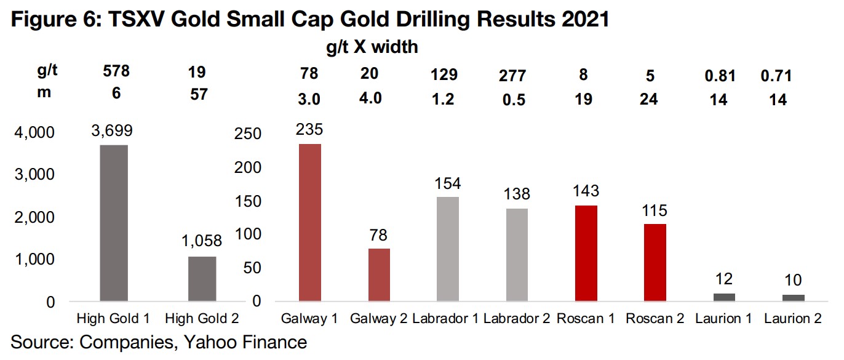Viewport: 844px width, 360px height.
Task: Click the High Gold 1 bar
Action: pos(113,223)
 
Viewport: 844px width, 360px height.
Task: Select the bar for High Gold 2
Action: pos(201,279)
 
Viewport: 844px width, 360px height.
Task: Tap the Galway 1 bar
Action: pos(310,222)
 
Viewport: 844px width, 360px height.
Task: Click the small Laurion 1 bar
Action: pos(724,297)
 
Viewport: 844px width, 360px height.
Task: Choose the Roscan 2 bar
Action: pos(655,262)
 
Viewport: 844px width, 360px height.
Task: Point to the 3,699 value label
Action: pos(114,130)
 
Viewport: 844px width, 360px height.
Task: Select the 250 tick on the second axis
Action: pos(249,134)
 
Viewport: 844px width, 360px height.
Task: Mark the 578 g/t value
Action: pos(116,73)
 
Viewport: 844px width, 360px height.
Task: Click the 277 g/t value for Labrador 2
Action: pos(512,75)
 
